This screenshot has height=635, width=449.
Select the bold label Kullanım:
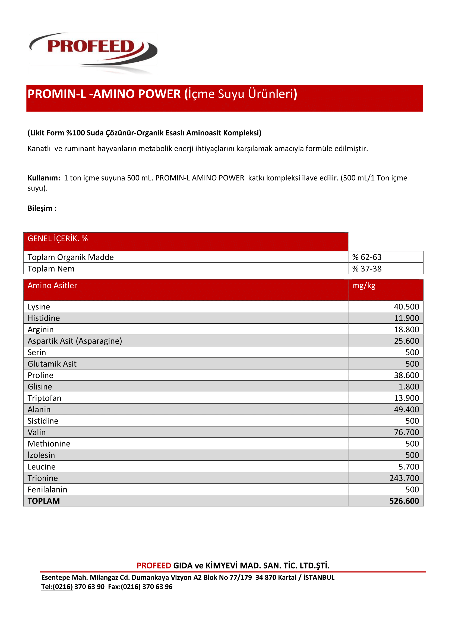pyautogui.click(x=44, y=178)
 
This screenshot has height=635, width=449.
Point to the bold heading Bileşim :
pyautogui.click(x=42, y=208)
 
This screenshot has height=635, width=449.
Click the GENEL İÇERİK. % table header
pyautogui.click(x=58, y=239)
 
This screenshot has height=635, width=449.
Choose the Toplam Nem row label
pyautogui.click(x=51, y=268)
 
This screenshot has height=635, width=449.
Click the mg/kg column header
pyautogui.click(x=363, y=285)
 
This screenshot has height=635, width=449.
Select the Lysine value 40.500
pyautogui.click(x=406, y=307)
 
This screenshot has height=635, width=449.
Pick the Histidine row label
pyautogui.click(x=44, y=318)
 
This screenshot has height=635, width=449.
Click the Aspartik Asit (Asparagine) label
pyautogui.click(x=75, y=341)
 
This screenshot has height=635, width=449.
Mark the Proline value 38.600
pyautogui.click(x=406, y=375)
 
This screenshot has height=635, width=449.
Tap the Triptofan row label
pyautogui.click(x=44, y=398)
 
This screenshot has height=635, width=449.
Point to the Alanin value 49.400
pyautogui.click(x=406, y=410)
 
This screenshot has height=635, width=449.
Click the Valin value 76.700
pyautogui.click(x=406, y=432)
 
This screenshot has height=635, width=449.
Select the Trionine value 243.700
pyautogui.click(x=404, y=478)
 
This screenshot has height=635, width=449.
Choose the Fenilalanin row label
pyautogui.click(x=47, y=489)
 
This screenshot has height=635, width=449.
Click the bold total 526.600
pyautogui.click(x=404, y=501)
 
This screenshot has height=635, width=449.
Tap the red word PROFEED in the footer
pyautogui.click(x=154, y=566)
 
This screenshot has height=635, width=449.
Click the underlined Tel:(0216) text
pyautogui.click(x=57, y=587)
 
